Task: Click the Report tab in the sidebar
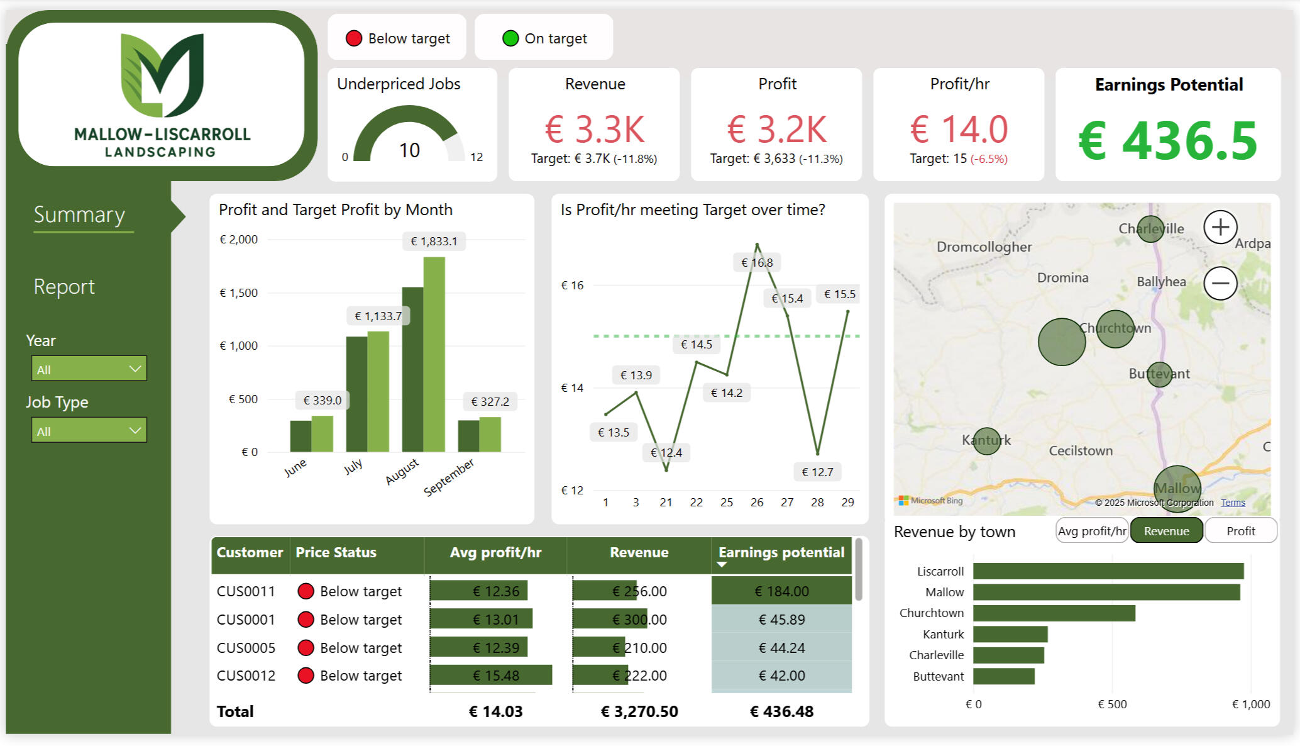64,287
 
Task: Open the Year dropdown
89,369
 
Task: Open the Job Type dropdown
89,431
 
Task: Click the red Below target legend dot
354,39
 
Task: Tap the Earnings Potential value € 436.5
1167,142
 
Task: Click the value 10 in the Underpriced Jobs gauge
409,150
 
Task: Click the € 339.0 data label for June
322,401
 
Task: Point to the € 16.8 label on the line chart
757,263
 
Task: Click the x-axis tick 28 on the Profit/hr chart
817,503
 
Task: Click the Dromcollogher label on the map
984,247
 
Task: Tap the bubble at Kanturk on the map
986,441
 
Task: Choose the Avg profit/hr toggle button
1092,531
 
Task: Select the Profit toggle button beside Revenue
1240,531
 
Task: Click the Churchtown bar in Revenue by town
1054,613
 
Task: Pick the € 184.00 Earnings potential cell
781,591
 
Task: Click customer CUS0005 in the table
246,648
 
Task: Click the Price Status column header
336,553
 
